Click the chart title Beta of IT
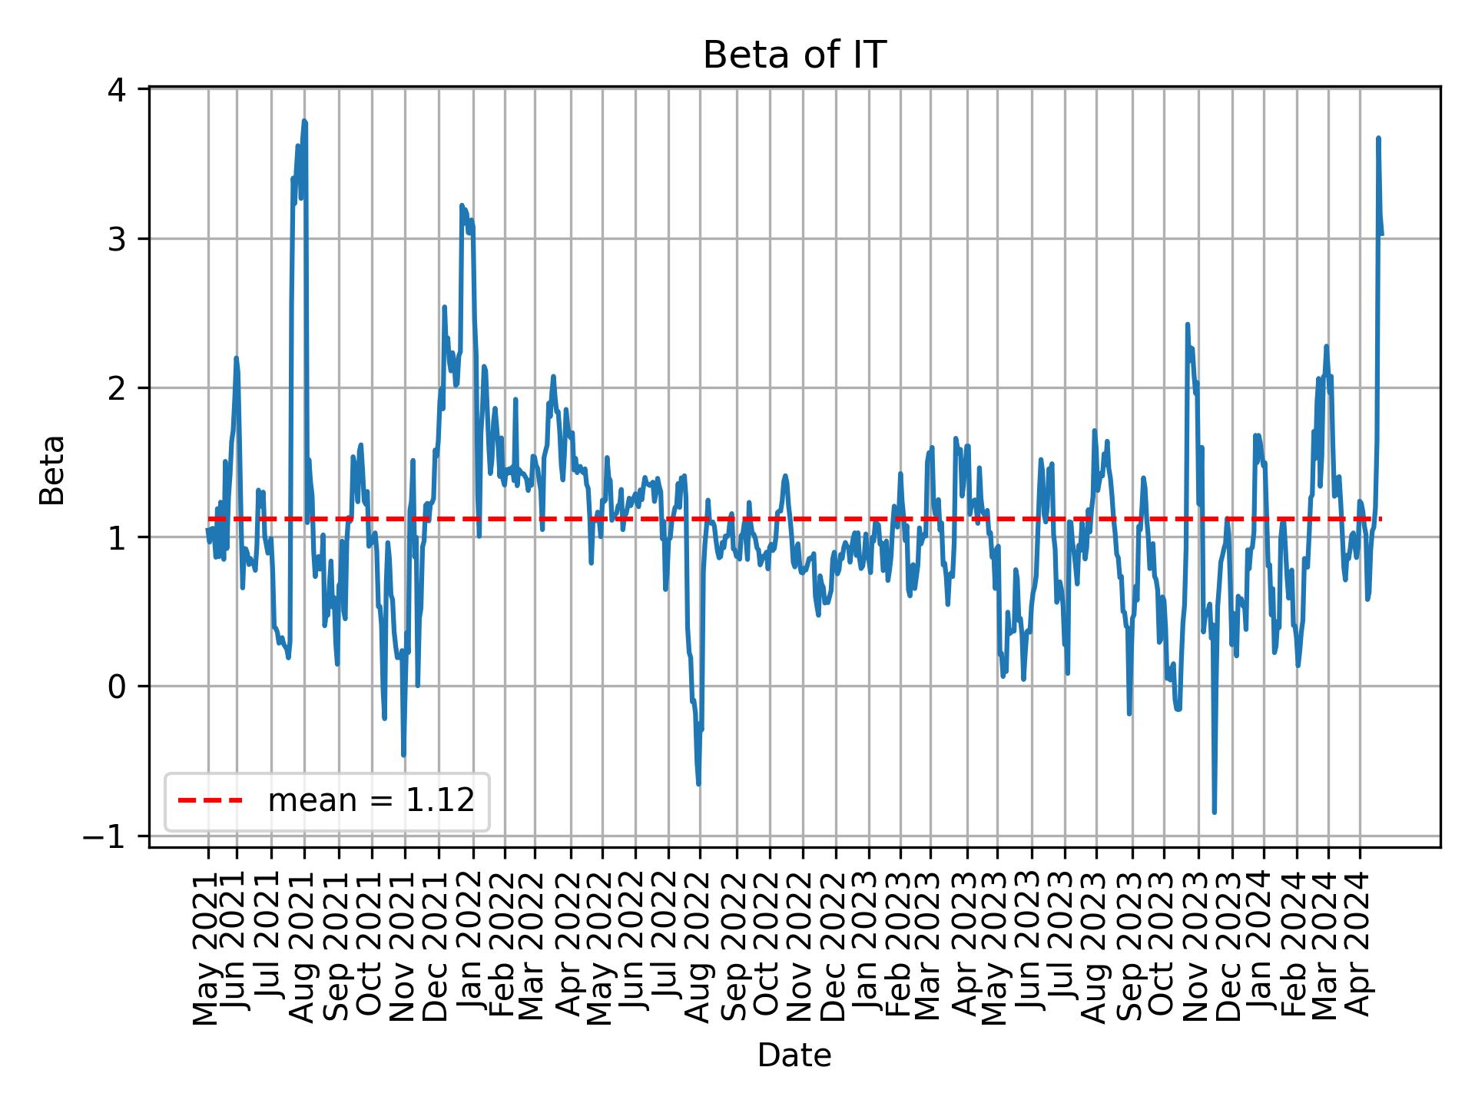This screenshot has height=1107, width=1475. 794,55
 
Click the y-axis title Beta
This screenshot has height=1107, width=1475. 52,470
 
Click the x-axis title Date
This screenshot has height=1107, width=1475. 794,1055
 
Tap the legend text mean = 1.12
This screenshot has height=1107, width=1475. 370,801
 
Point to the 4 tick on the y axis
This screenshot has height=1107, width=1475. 117,90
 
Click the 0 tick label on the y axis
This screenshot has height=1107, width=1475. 117,686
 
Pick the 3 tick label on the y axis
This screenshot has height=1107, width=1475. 117,239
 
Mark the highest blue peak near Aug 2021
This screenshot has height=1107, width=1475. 304,121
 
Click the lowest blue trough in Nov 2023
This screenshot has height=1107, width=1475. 1214,812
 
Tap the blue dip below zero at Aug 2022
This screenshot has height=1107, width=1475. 698,783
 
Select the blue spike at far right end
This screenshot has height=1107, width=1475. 1378,138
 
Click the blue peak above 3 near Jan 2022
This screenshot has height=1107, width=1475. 462,205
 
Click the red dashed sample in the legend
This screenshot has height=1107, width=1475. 210,801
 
